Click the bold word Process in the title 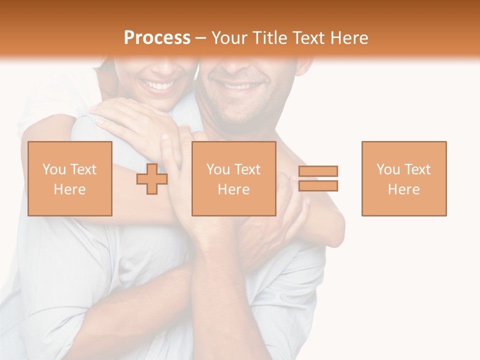[x=157, y=38]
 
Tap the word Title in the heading [x=268, y=38]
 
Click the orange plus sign [x=152, y=179]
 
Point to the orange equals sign [x=318, y=178]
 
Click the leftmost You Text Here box [x=70, y=178]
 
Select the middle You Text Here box [x=233, y=178]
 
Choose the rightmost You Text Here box [x=404, y=178]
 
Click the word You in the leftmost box [x=53, y=169]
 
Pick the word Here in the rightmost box [x=404, y=189]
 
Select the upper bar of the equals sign [x=318, y=171]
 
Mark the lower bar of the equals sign [x=318, y=186]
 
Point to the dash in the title [x=200, y=38]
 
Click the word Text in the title [x=307, y=38]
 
